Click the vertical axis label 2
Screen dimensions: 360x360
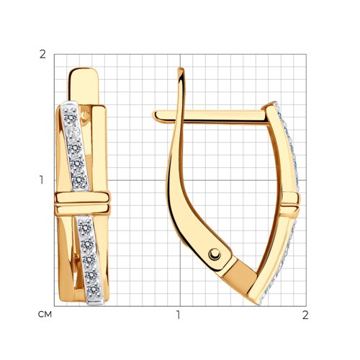[42, 55]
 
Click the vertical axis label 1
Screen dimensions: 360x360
[42, 180]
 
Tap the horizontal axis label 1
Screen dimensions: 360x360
[178, 315]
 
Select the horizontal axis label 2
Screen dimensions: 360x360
[305, 315]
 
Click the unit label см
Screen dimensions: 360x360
[45, 315]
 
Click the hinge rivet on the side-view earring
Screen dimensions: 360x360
[215, 254]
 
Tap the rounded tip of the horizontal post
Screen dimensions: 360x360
[155, 115]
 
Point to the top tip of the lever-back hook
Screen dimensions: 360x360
[181, 70]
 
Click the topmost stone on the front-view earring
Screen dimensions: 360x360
[71, 116]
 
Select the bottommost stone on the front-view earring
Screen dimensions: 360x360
[94, 289]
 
